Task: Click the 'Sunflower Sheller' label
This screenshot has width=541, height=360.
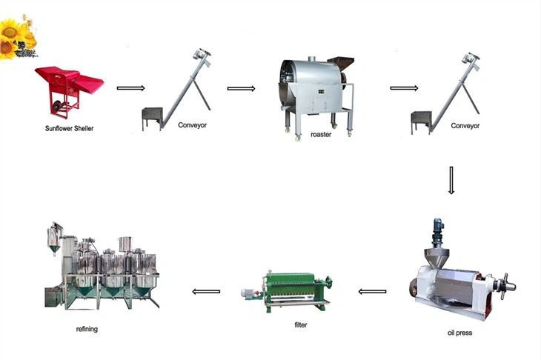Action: click(x=69, y=128)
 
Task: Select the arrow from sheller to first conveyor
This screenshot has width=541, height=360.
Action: click(x=130, y=88)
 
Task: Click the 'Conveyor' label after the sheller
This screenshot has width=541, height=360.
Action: click(x=192, y=125)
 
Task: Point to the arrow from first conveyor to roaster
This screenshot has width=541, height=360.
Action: click(x=241, y=89)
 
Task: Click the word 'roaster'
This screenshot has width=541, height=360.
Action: click(x=321, y=135)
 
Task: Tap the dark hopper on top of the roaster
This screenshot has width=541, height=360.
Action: click(x=341, y=64)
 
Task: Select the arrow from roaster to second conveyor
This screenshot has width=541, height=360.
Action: click(x=404, y=88)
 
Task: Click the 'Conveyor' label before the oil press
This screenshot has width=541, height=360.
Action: click(x=465, y=126)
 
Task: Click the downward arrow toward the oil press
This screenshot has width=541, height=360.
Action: click(x=451, y=180)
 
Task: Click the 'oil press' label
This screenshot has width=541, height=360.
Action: click(x=459, y=333)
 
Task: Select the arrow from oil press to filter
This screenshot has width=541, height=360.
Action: click(x=372, y=292)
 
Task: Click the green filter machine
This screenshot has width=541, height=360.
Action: click(x=287, y=291)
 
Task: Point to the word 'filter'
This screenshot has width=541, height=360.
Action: click(x=301, y=325)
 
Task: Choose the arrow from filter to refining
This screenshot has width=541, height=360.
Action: click(x=206, y=292)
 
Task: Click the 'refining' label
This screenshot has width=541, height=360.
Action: click(x=87, y=329)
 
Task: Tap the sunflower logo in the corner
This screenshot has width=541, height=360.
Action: click(x=18, y=38)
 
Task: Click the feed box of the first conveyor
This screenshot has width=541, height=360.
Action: click(x=152, y=116)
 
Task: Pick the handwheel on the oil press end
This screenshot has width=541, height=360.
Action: click(x=506, y=286)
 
